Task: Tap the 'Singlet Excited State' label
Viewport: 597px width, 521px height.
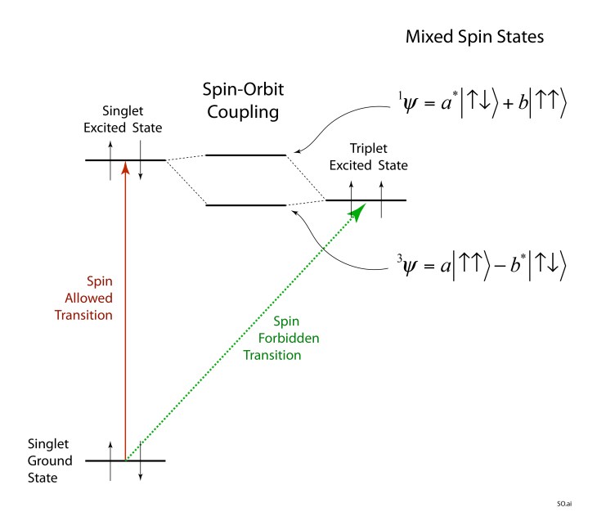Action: click(x=132, y=119)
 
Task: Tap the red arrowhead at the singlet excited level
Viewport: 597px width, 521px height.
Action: click(x=125, y=166)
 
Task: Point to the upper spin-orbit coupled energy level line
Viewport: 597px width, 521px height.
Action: click(x=245, y=154)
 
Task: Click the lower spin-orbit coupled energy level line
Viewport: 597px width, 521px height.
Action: click(x=245, y=204)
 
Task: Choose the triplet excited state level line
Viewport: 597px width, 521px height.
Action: click(x=366, y=200)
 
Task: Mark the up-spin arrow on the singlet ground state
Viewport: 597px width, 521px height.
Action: click(x=110, y=450)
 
